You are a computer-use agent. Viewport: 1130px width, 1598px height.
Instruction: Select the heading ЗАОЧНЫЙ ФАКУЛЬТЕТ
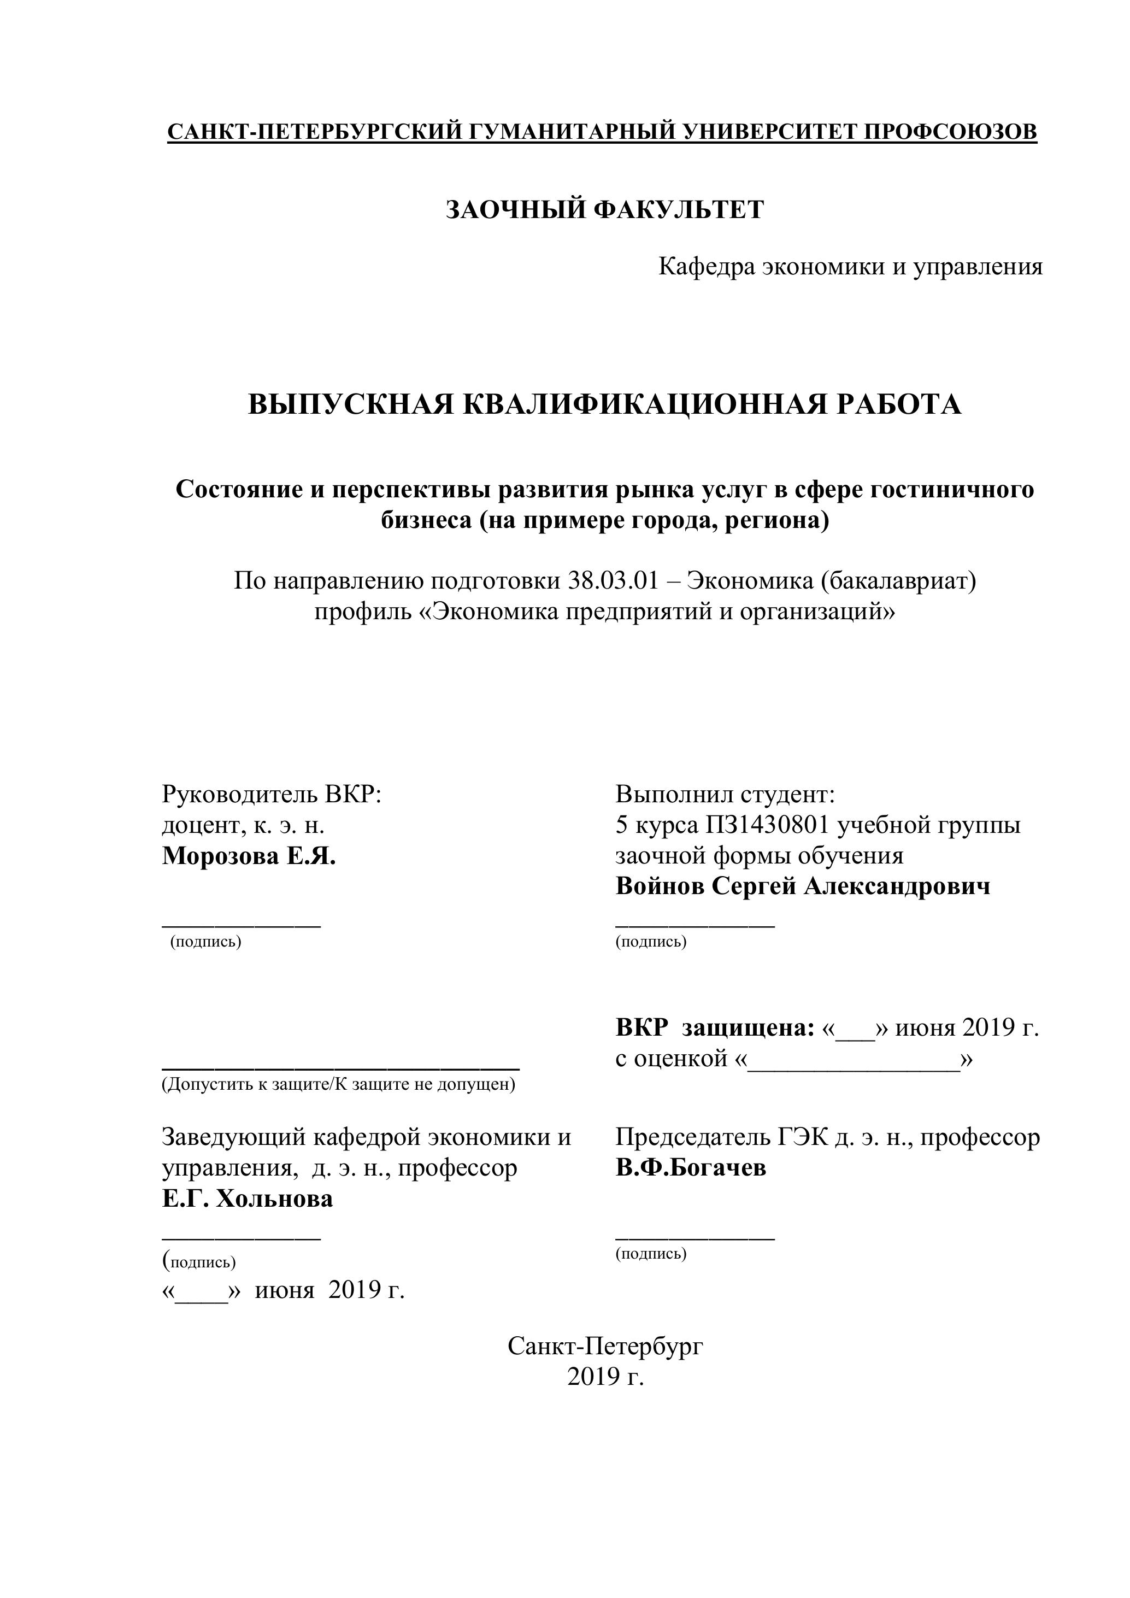click(x=605, y=209)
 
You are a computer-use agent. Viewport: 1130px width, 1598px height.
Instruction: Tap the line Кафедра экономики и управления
click(x=850, y=267)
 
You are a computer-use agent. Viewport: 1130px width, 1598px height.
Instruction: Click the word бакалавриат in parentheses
click(x=898, y=580)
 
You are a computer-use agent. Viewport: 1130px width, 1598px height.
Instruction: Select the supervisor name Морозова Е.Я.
click(x=249, y=856)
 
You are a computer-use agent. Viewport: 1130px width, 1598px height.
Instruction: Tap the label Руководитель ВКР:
click(x=272, y=794)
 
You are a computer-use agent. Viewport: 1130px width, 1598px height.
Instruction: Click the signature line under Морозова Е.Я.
click(x=242, y=926)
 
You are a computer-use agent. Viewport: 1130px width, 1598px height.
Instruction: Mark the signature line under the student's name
click(x=695, y=926)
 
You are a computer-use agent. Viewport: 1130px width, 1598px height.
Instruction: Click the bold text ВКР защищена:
click(x=715, y=1028)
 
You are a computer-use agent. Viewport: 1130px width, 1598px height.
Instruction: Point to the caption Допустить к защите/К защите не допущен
click(x=339, y=1084)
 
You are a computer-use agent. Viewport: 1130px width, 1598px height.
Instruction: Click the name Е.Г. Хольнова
click(x=248, y=1198)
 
